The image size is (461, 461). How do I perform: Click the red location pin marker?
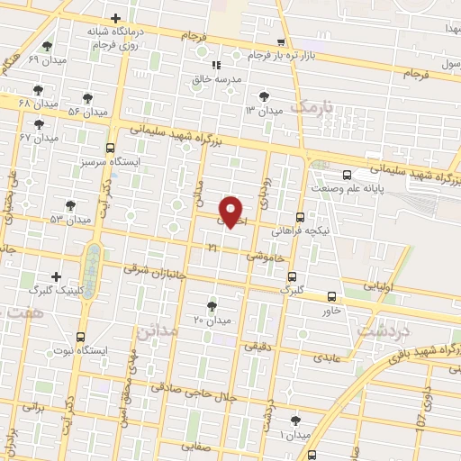pyautogui.click(x=232, y=211)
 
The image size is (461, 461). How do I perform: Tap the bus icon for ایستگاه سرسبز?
pyautogui.click(x=110, y=148)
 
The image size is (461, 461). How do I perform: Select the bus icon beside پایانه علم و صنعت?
pyautogui.click(x=348, y=176)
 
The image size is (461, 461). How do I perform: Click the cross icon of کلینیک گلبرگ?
pyautogui.click(x=57, y=276)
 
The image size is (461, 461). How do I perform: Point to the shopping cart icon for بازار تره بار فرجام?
pyautogui.click(x=282, y=42)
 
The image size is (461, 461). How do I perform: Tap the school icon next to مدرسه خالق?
pyautogui.click(x=215, y=65)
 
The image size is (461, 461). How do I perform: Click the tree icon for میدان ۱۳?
pyautogui.click(x=263, y=95)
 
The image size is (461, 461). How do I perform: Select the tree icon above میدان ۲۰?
pyautogui.click(x=212, y=306)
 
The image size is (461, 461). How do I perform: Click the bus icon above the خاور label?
pyautogui.click(x=332, y=296)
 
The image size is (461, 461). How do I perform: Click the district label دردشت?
pyautogui.click(x=378, y=331)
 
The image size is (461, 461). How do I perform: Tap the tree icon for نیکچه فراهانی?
pyautogui.click(x=299, y=217)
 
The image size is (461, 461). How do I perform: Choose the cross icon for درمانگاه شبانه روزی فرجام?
pyautogui.click(x=115, y=18)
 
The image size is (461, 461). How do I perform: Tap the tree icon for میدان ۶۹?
pyautogui.click(x=47, y=46)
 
